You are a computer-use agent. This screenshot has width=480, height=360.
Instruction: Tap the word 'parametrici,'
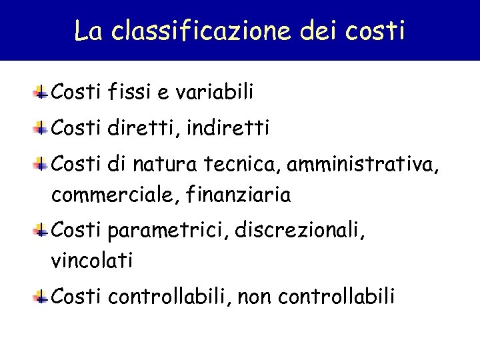pos(166,230)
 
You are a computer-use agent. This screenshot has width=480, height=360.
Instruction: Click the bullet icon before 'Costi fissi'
pos(41,92)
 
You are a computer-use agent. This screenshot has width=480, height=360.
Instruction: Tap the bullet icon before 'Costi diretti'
pos(41,127)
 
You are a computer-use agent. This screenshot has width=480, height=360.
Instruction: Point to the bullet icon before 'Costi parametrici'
pos(41,230)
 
